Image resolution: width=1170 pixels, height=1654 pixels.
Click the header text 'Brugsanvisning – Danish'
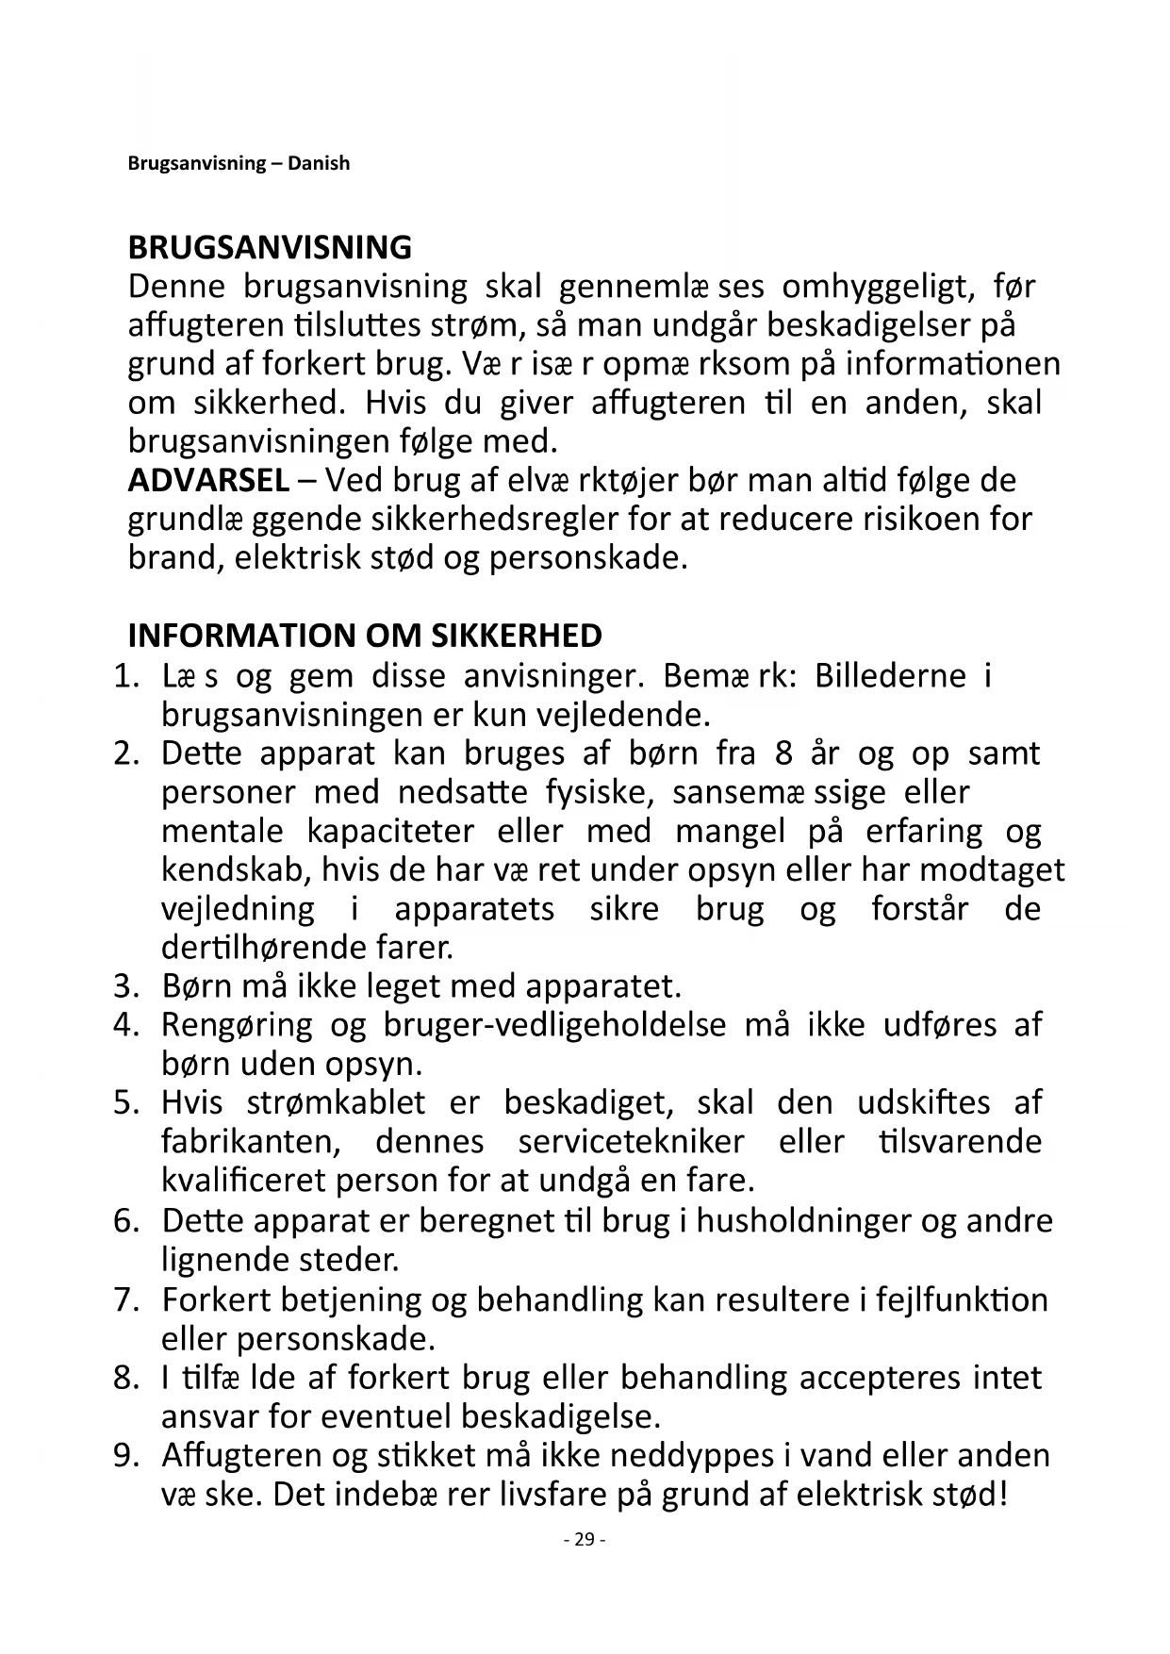pos(239,163)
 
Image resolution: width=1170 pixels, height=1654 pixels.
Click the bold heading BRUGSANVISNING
pos(270,248)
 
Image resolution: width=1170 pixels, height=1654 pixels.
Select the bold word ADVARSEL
pos(208,481)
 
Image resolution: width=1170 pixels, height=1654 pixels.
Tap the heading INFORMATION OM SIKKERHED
pos(365,636)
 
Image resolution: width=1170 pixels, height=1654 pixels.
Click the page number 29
pos(585,1540)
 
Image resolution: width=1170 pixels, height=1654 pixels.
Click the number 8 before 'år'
pos(782,753)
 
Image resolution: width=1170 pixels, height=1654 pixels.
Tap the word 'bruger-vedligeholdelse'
pos(554,1025)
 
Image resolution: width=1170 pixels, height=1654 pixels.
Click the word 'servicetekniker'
pos(631,1142)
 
